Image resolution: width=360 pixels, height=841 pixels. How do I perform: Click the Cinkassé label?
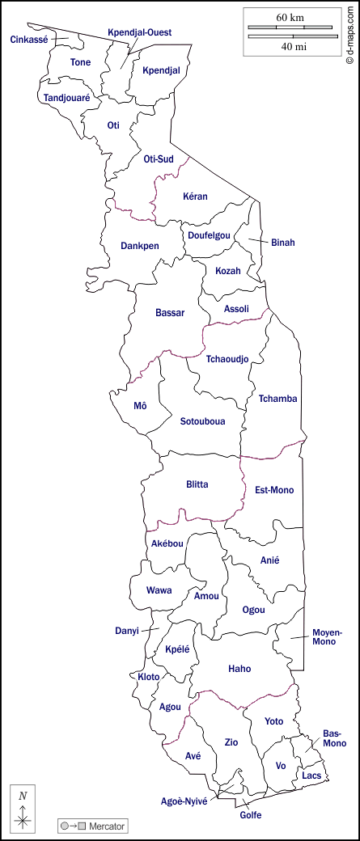28,39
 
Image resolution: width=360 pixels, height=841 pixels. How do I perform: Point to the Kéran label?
195,197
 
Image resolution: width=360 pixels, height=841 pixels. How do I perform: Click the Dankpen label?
140,246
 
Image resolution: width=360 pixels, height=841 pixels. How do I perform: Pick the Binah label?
283,242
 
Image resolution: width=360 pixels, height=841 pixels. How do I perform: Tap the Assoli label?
236,309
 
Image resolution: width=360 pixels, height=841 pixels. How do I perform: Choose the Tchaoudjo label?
227,359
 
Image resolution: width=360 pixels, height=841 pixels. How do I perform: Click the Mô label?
140,406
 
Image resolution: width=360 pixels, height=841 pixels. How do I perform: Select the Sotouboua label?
202,421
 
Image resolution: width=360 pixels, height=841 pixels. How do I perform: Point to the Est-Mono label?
274,490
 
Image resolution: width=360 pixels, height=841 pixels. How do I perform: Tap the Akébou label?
167,544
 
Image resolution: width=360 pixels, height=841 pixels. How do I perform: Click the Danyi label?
127,631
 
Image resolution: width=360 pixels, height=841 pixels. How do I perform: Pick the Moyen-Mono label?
328,636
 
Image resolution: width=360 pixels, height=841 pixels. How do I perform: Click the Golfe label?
251,815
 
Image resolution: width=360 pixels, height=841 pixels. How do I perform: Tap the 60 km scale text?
289,17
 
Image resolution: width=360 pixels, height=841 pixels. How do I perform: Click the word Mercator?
107,826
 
